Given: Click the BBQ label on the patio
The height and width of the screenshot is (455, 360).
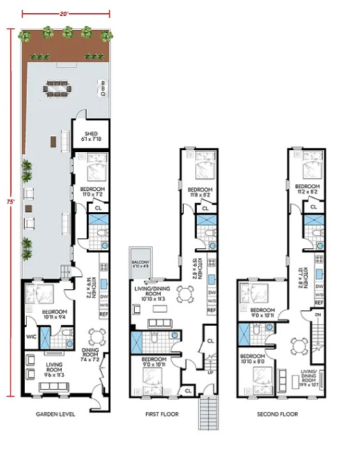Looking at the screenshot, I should pos(103,88).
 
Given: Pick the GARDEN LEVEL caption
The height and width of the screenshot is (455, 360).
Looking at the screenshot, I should pos(55,414).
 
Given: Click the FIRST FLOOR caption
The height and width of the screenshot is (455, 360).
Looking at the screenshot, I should pos(163,414).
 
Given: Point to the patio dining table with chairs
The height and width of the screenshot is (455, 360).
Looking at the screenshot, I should pos(56,88).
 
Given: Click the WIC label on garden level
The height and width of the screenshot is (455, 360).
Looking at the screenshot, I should pos(30,337).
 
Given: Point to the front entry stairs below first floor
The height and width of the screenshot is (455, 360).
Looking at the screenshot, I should pos(209,415).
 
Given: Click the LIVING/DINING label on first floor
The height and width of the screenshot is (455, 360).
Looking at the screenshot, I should pos(155,292).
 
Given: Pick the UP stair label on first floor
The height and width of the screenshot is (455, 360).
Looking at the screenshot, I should pos(209,373).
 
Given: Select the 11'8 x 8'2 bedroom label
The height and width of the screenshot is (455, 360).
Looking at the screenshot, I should pos(199,192).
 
